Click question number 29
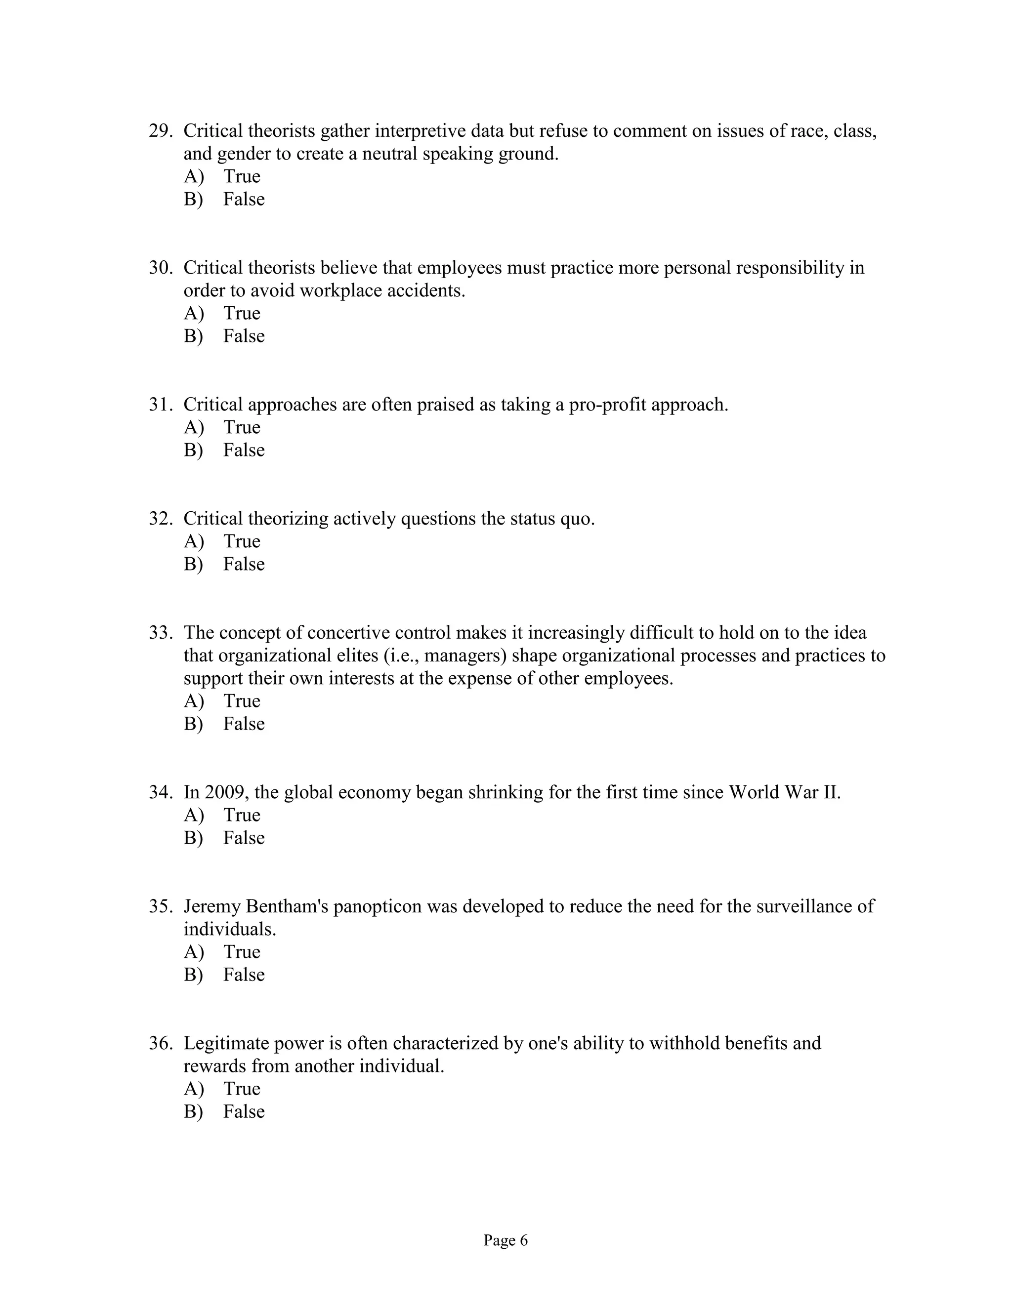tap(161, 131)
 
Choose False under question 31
tap(244, 450)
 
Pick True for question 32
tap(242, 541)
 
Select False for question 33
tap(244, 724)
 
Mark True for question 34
tap(242, 815)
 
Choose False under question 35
tap(244, 975)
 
